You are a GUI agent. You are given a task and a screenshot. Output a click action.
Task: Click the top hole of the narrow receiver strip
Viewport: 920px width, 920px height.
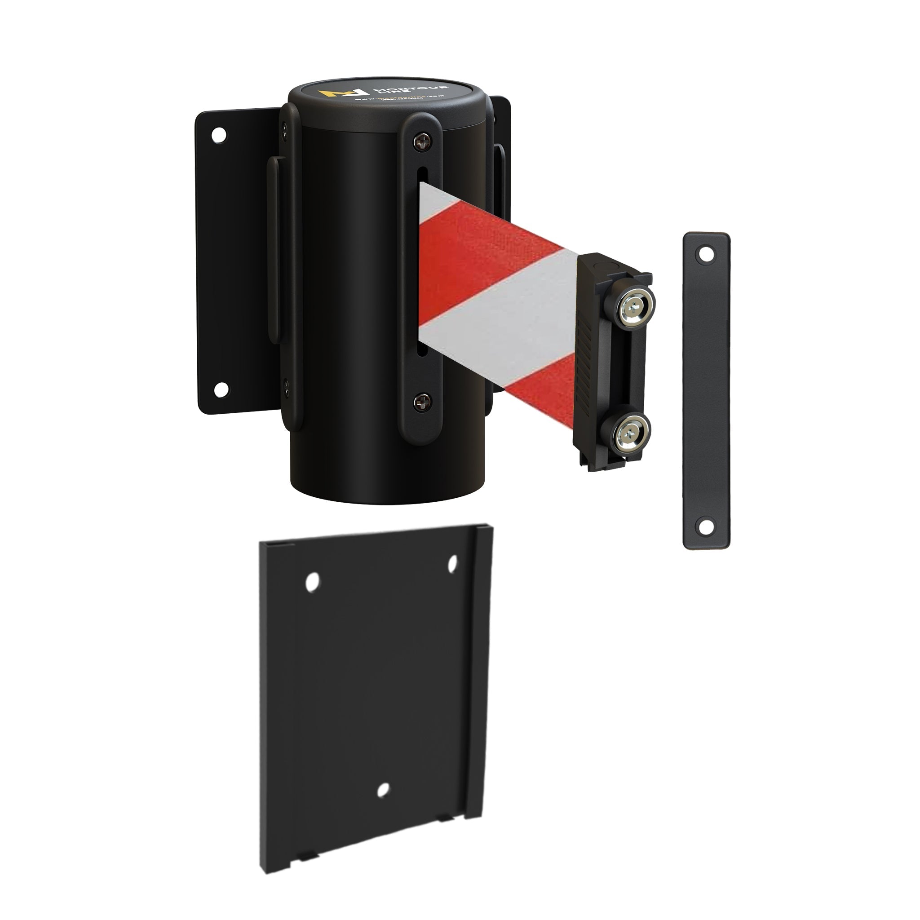click(x=705, y=255)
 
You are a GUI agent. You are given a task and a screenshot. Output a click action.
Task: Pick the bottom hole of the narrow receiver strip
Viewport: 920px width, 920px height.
click(x=705, y=526)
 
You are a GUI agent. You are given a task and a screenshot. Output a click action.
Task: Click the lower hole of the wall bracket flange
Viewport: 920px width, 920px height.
click(x=220, y=389)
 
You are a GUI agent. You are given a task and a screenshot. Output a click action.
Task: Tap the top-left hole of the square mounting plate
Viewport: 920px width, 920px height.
click(x=312, y=582)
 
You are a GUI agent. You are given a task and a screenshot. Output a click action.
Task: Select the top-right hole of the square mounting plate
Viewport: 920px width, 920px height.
click(x=453, y=564)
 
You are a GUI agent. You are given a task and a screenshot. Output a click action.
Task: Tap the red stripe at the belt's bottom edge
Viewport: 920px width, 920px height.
click(x=543, y=390)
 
